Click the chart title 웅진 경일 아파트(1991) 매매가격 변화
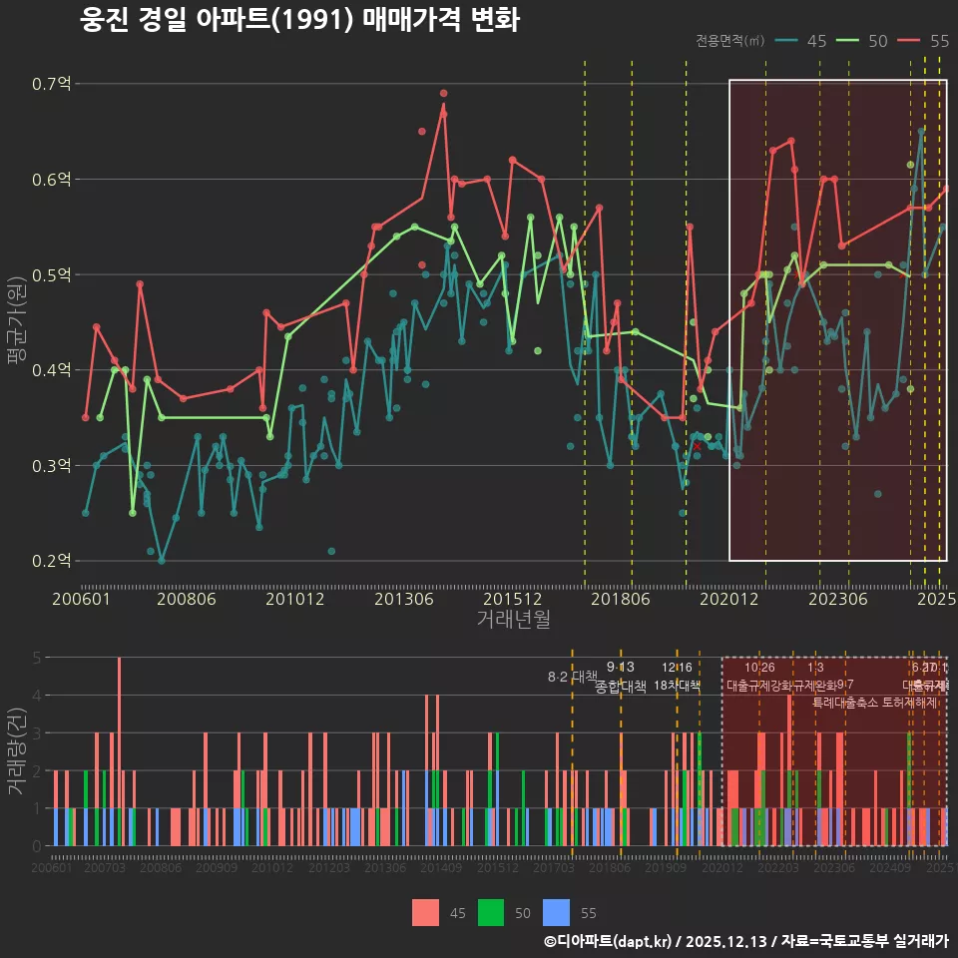coord(299,21)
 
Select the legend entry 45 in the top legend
coord(804,41)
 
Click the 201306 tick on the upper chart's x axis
coord(403,599)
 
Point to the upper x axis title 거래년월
coord(513,620)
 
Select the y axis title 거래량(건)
coord(16,751)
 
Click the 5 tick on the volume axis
coord(37,658)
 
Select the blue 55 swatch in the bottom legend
coord(556,912)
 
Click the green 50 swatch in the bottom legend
coord(491,912)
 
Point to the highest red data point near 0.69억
coord(444,93)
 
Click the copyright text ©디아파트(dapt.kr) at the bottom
coord(609,941)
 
